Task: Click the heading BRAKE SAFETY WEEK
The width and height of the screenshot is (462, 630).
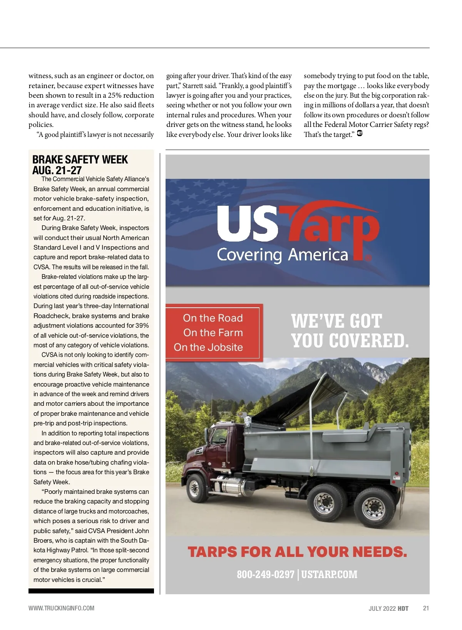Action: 80,160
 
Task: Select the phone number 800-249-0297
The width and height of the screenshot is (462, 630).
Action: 265,574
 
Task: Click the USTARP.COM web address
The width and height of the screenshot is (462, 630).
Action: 329,574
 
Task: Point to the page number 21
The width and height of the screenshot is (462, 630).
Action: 426,608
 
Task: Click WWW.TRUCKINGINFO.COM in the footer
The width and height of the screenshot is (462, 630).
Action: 61,608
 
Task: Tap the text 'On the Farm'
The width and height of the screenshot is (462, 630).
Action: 213,333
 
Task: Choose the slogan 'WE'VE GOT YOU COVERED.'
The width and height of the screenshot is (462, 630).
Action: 350,331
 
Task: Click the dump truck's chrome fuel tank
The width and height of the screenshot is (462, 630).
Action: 231,487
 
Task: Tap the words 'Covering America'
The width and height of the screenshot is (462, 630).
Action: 282,255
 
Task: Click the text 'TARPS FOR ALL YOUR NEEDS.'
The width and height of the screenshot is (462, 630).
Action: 297,552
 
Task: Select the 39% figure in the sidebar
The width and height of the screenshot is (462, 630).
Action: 142,325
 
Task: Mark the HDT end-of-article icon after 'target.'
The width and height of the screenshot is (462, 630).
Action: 360,133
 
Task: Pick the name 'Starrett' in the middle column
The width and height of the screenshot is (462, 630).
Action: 194,86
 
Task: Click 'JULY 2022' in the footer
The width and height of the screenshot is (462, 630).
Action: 382,608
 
